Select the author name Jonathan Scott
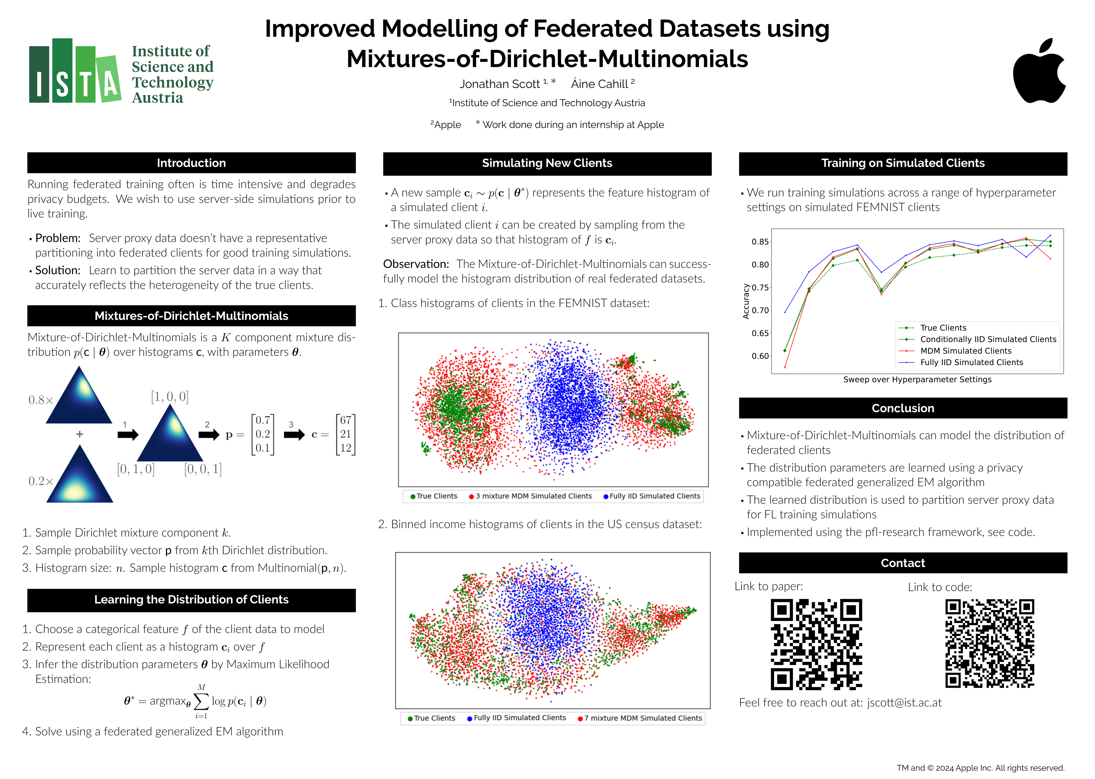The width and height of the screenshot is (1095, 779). point(500,84)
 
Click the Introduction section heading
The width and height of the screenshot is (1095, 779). point(191,163)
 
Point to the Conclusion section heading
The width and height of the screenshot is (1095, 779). point(903,408)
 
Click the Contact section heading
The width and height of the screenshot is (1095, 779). point(903,563)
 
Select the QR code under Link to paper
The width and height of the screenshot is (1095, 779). point(816,644)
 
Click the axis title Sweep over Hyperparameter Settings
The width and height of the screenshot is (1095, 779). point(917,379)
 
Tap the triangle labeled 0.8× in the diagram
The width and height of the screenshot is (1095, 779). point(79,397)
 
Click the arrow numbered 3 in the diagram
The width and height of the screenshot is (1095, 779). point(294,435)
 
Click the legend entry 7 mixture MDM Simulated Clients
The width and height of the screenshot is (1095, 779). point(642,718)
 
